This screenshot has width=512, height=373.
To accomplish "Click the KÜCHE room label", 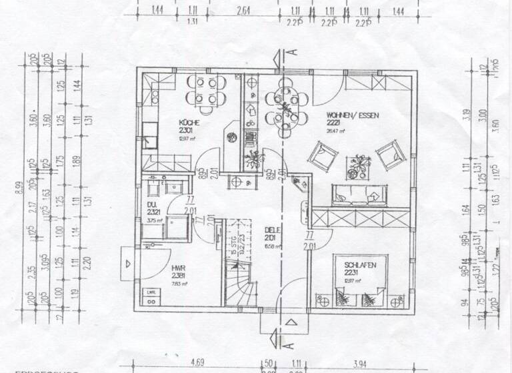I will click(186, 123).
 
